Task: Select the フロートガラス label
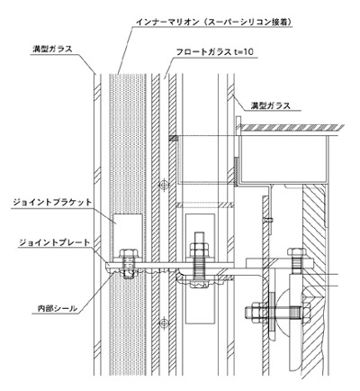(x=203, y=52)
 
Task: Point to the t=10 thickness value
(x=244, y=52)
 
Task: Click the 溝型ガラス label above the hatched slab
(x=271, y=105)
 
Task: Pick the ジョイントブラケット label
(x=52, y=202)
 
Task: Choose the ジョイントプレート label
(x=55, y=242)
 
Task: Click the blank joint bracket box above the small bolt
(x=127, y=231)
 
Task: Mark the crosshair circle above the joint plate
(x=164, y=185)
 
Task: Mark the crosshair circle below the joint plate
(x=164, y=323)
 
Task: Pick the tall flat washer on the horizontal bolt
(x=271, y=313)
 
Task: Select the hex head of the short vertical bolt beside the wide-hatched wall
(x=296, y=250)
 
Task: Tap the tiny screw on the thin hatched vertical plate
(x=269, y=220)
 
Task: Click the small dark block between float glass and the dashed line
(x=174, y=138)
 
